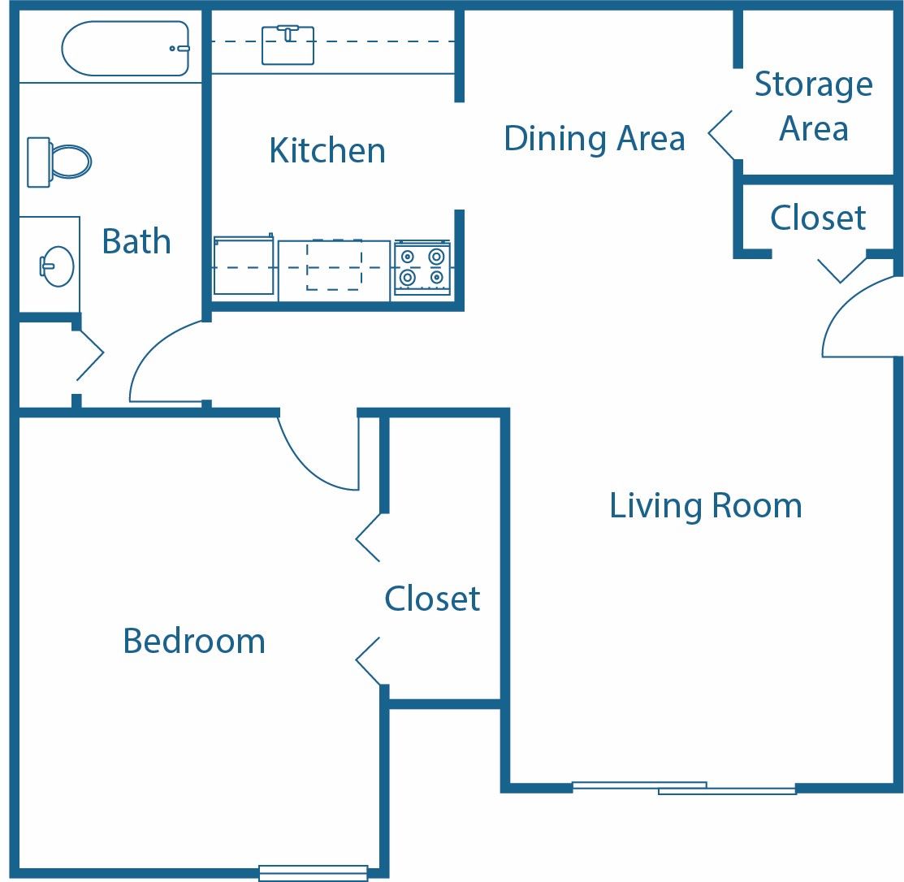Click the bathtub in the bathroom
125,49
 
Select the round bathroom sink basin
57,266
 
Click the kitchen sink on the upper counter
288,45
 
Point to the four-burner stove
422,268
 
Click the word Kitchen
327,151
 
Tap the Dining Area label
594,138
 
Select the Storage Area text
813,106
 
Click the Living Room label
705,505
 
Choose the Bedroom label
194,641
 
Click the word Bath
136,241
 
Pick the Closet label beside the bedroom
432,599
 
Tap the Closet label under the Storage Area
818,218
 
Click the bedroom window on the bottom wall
313,873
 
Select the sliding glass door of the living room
684,787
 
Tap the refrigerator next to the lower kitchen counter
243,266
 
